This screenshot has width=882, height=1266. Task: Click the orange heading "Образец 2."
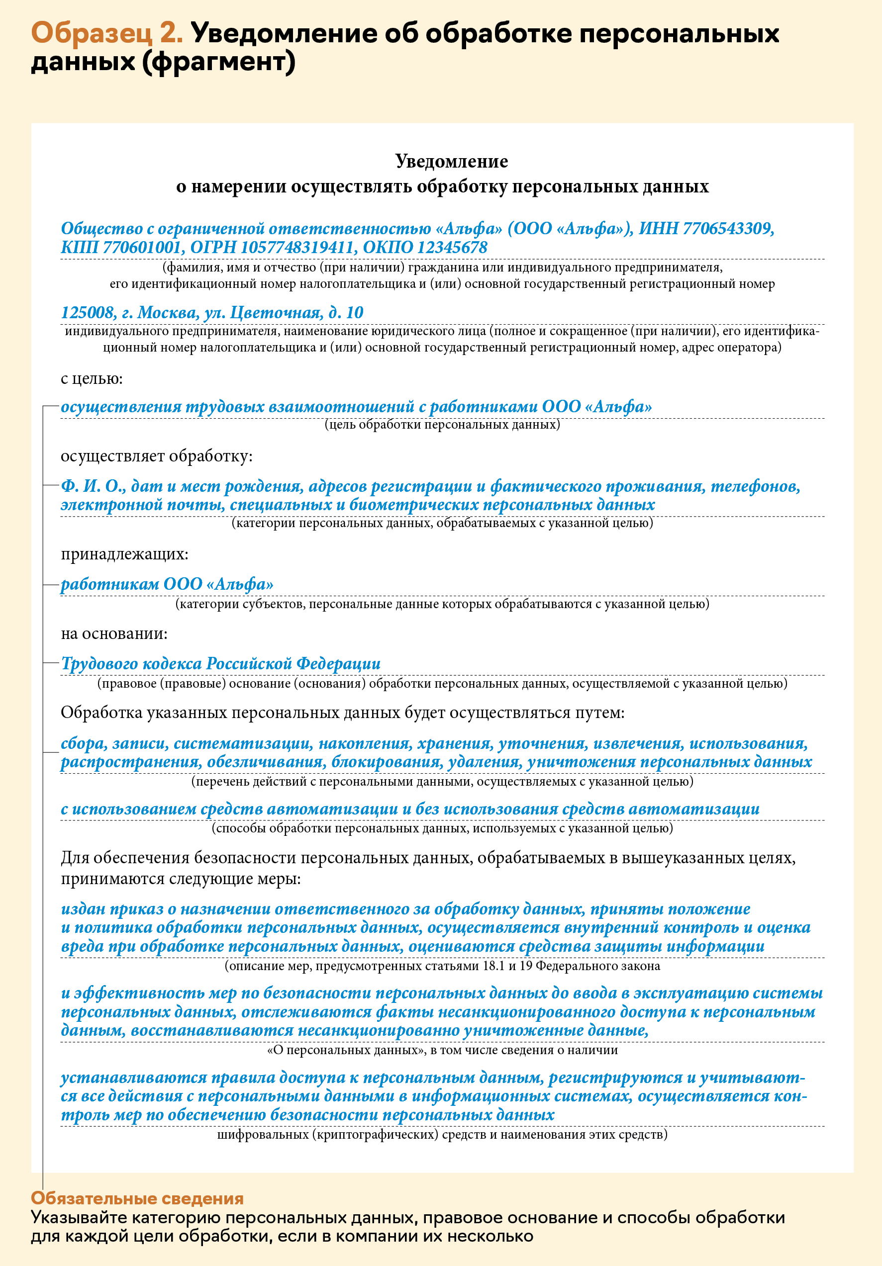(106, 33)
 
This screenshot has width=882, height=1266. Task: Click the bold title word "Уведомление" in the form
(451, 161)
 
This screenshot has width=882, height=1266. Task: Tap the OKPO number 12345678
(452, 247)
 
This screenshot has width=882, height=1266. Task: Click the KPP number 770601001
(142, 247)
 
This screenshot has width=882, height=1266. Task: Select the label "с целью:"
(92, 379)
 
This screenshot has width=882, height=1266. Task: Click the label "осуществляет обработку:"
(157, 456)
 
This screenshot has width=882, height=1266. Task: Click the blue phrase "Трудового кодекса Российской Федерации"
(221, 663)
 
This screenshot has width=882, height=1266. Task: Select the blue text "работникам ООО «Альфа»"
(167, 584)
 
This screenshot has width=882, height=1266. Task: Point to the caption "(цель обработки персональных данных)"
(442, 424)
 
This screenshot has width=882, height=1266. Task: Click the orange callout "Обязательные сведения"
(137, 1198)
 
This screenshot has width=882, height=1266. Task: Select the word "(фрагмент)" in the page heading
(218, 62)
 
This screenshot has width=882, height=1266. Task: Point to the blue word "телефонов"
(755, 486)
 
